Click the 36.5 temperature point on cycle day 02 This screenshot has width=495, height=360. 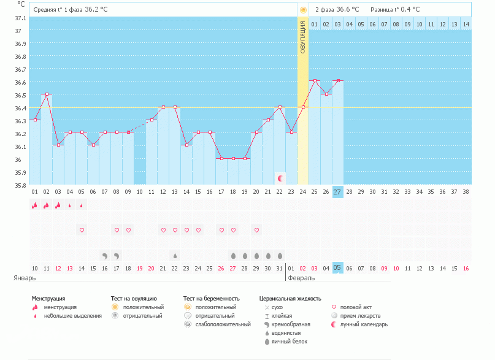pyautogui.click(x=47, y=94)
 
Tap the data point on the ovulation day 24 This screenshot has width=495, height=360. pyautogui.click(x=303, y=107)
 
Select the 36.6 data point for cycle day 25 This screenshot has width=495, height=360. pyautogui.click(x=315, y=81)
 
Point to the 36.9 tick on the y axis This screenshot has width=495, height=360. pyautogui.click(x=20, y=44)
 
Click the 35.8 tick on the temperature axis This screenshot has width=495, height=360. pyautogui.click(x=20, y=185)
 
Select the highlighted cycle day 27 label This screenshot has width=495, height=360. pyautogui.click(x=338, y=192)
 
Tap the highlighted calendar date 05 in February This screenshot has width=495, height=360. pyautogui.click(x=338, y=268)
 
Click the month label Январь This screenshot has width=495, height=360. pyautogui.click(x=25, y=278)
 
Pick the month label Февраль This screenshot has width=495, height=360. pyautogui.click(x=300, y=278)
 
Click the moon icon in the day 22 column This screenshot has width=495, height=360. pyautogui.click(x=280, y=178)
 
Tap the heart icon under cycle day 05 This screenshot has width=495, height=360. pyautogui.click(x=82, y=230)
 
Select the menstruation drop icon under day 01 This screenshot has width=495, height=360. pyautogui.click(x=35, y=205)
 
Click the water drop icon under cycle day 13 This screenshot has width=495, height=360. pyautogui.click(x=175, y=255)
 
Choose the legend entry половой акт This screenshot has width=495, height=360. pyautogui.click(x=356, y=307)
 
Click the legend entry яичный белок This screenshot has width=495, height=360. pyautogui.click(x=286, y=341)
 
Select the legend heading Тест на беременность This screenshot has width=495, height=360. pyautogui.click(x=211, y=298)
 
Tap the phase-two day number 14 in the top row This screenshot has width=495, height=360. pyautogui.click(x=466, y=24)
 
